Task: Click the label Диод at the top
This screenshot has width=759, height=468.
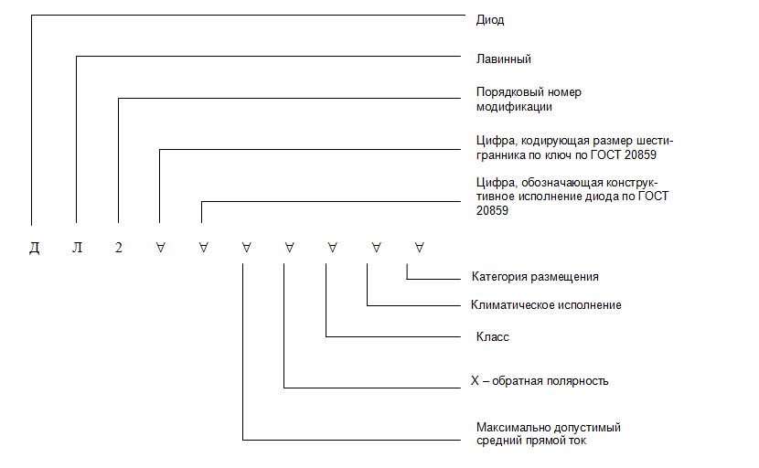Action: click(490, 20)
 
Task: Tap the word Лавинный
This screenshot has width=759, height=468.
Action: click(504, 59)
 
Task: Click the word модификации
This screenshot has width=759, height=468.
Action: click(514, 107)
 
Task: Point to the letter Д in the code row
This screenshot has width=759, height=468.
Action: click(35, 249)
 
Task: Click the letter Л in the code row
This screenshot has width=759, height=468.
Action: click(77, 248)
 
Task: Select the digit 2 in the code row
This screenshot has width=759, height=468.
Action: click(119, 248)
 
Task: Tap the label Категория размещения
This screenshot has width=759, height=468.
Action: click(535, 277)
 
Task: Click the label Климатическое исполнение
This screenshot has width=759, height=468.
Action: click(546, 305)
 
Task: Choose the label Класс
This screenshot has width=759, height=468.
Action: click(492, 337)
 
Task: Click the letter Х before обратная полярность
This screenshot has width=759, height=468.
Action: click(475, 381)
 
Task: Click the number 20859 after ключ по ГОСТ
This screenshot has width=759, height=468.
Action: click(640, 154)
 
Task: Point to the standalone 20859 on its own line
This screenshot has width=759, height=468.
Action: click(492, 210)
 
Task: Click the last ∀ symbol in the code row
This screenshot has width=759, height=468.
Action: click(419, 248)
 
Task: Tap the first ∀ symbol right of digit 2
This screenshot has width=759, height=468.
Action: click(161, 248)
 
